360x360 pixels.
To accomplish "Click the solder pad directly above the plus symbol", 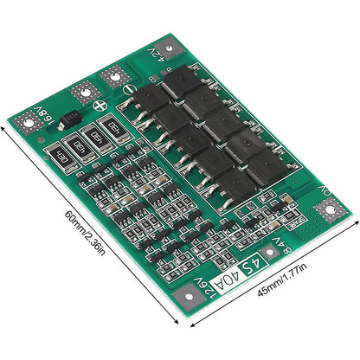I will coord(84,91).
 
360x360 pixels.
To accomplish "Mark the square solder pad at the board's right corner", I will coord(330,211).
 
